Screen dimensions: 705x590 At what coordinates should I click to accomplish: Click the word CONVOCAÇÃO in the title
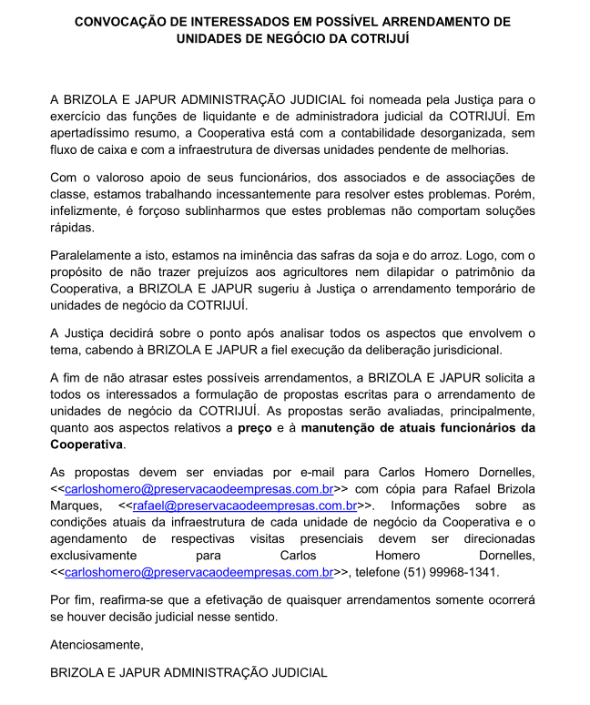pos(124,21)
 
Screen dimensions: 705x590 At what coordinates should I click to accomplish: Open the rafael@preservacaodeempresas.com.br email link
pos(244,506)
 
